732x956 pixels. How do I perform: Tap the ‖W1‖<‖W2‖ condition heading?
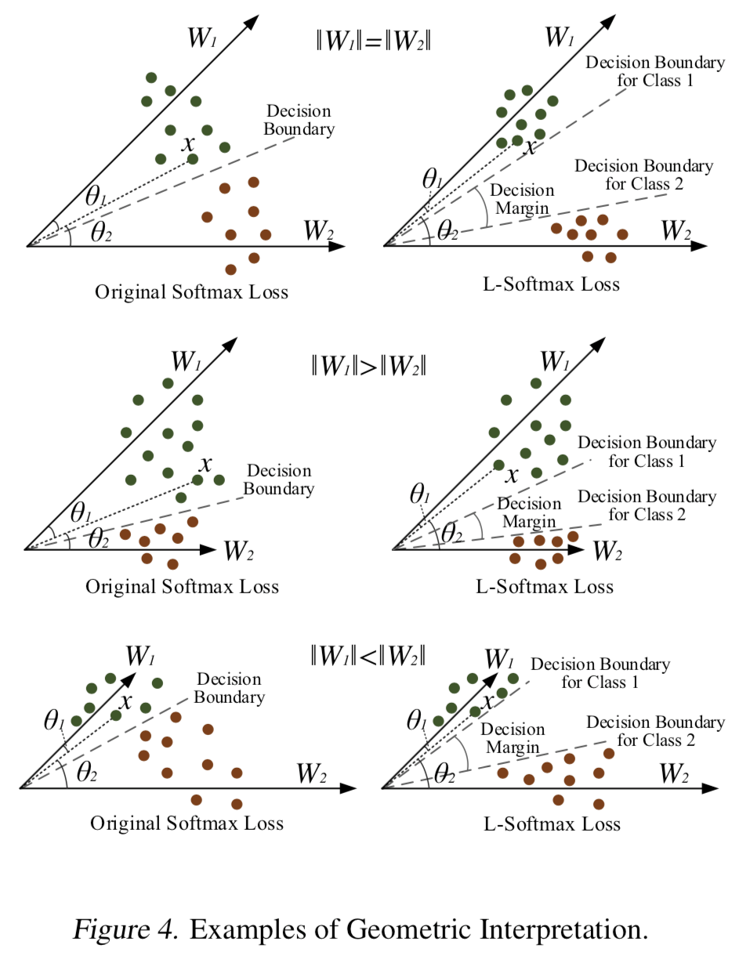pyautogui.click(x=368, y=656)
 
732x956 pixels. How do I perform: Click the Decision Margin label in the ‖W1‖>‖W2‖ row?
pyautogui.click(x=528, y=512)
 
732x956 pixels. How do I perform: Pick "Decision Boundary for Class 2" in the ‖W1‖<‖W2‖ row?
pyautogui.click(x=655, y=730)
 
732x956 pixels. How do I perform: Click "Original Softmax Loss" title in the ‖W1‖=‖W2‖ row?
pyautogui.click(x=192, y=292)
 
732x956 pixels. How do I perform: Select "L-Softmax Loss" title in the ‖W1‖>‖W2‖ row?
pyautogui.click(x=547, y=586)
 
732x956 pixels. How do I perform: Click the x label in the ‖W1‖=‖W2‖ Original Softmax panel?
pyautogui.click(x=187, y=144)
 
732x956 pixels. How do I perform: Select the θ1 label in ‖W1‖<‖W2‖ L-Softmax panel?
pyautogui.click(x=416, y=721)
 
